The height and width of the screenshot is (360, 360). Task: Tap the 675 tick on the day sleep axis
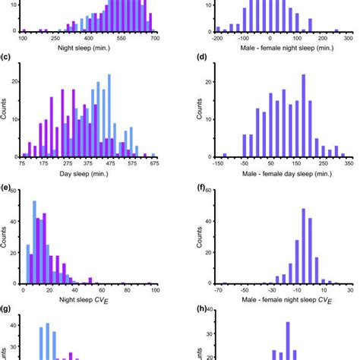(154, 163)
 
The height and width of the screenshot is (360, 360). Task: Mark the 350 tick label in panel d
(348, 163)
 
